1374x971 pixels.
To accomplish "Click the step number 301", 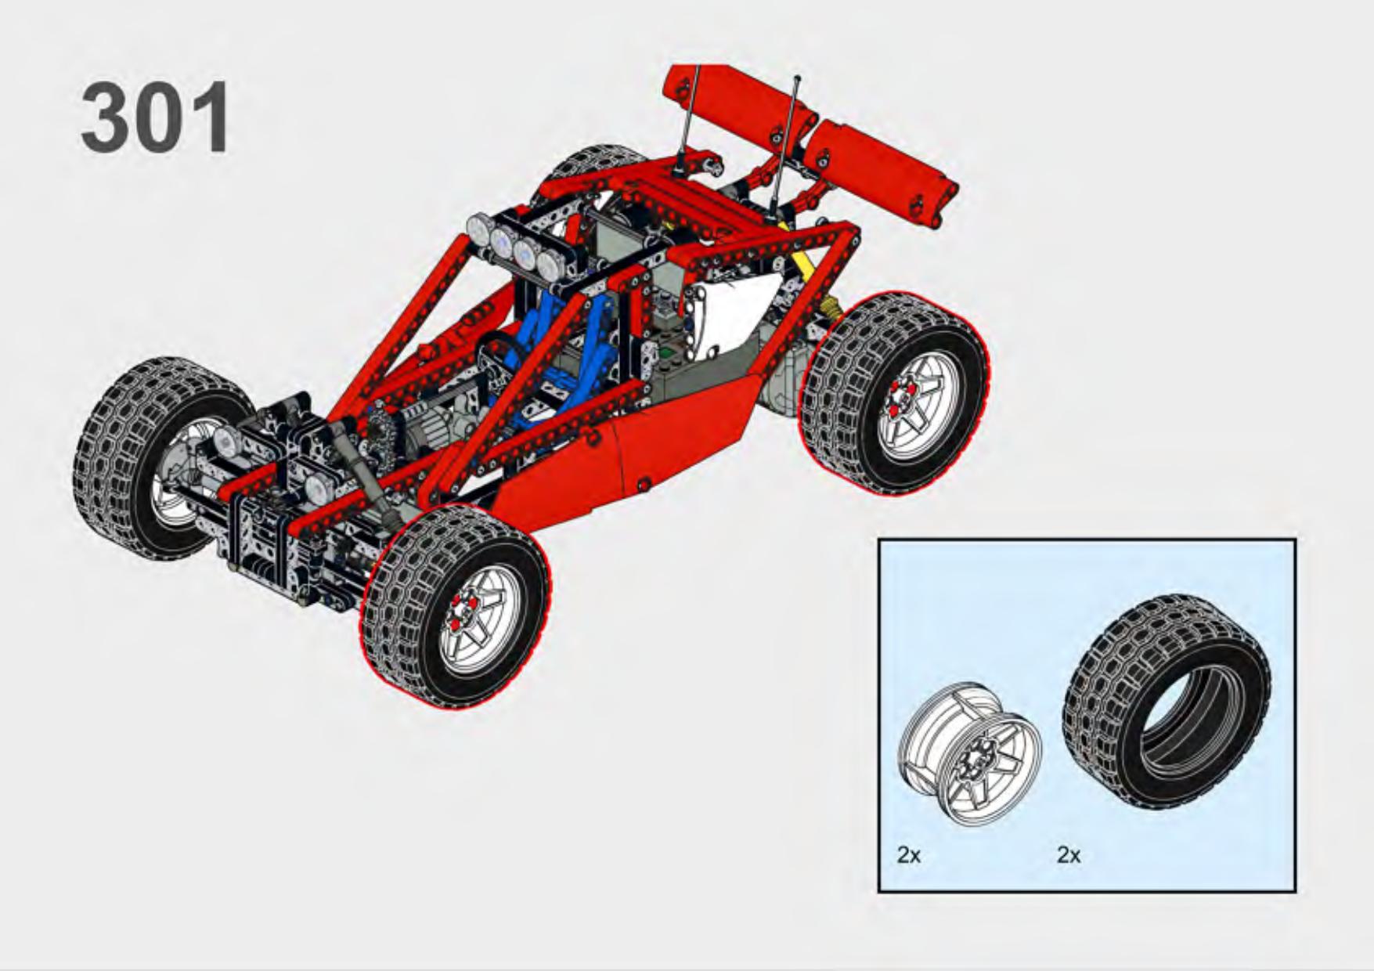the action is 156,117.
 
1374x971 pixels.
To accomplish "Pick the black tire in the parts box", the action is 1166,702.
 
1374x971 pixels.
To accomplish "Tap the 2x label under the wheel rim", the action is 909,854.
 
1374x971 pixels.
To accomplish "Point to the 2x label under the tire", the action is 1069,854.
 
